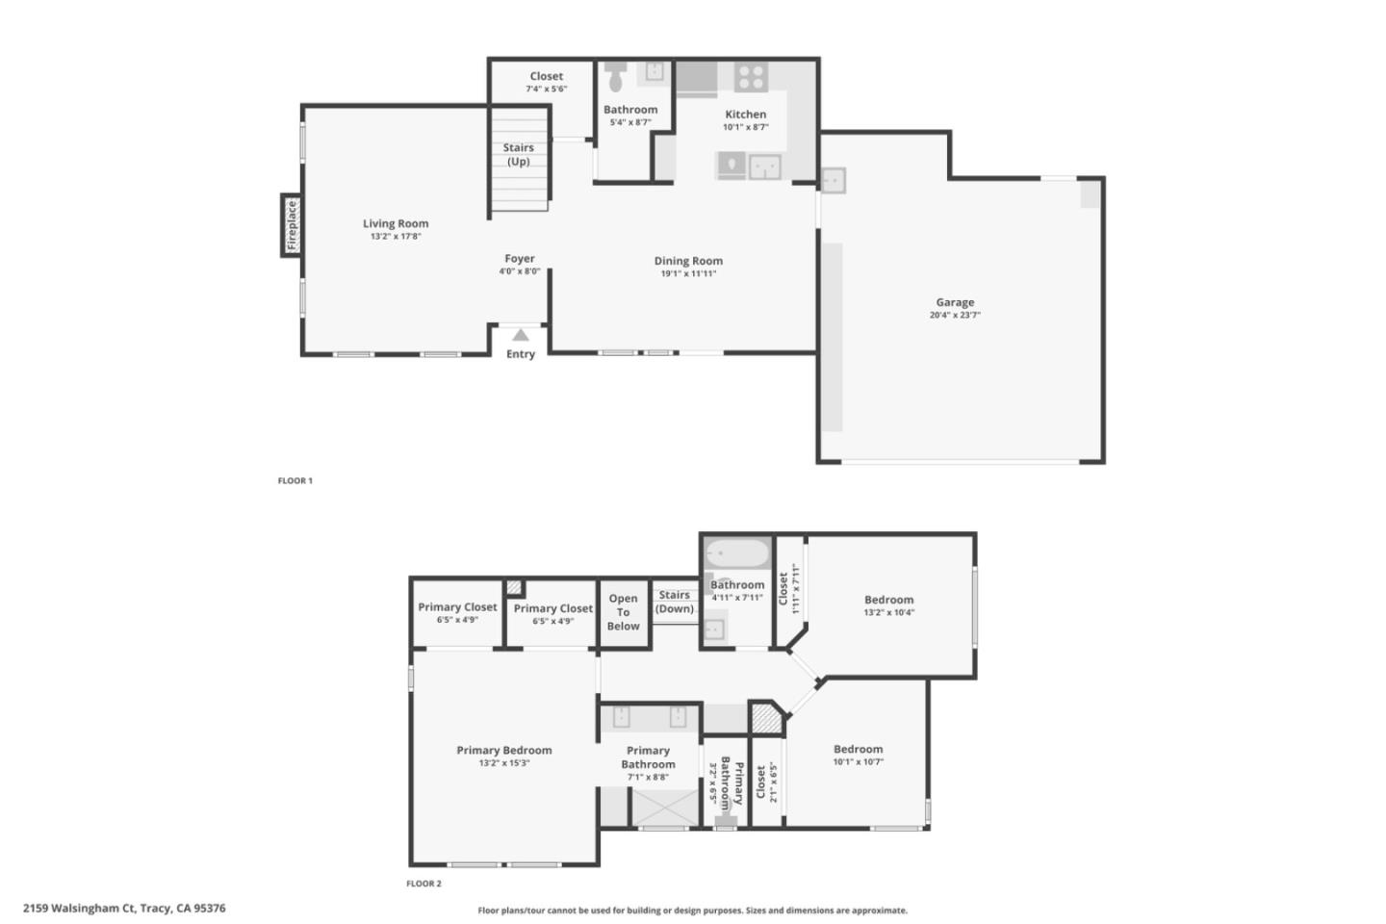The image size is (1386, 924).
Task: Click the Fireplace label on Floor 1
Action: point(292,224)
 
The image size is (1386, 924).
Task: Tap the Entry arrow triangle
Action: point(521,335)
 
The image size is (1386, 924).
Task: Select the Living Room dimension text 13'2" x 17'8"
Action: point(396,236)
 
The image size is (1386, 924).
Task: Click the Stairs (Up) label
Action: point(518,154)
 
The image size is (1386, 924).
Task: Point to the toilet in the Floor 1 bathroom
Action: point(616,75)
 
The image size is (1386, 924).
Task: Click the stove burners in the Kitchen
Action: point(751,76)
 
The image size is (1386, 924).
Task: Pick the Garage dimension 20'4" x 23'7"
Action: point(955,315)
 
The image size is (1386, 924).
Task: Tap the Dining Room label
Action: point(688,261)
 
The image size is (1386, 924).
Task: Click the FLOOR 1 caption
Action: point(295,480)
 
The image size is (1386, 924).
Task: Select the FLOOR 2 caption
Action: point(423,884)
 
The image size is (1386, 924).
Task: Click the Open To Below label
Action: point(623,612)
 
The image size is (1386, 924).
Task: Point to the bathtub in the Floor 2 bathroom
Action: point(737,554)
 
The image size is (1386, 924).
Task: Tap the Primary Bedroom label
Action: point(504,750)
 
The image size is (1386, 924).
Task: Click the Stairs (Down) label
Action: point(674,602)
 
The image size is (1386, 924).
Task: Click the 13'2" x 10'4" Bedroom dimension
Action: point(888,612)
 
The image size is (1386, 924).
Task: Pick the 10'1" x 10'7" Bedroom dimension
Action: point(858,761)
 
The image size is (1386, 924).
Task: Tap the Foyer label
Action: point(520,258)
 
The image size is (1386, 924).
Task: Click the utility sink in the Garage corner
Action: point(833,180)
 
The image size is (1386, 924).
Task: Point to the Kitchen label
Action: point(746,114)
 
